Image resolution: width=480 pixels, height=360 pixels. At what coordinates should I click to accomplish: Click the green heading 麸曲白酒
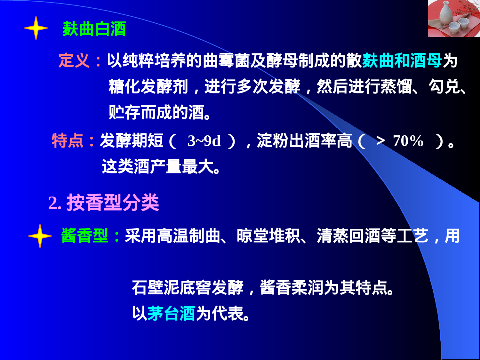(x=94, y=29)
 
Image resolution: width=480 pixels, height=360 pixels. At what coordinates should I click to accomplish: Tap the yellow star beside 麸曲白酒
(x=36, y=28)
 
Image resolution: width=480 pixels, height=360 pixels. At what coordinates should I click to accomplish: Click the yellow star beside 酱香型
(x=40, y=236)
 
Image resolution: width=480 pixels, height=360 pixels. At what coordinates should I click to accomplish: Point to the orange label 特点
(x=68, y=140)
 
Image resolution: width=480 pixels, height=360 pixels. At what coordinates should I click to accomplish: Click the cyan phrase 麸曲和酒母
(x=402, y=60)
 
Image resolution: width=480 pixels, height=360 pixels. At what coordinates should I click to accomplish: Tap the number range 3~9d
(x=204, y=141)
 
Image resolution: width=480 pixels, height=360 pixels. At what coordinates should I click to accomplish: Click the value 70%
(x=408, y=141)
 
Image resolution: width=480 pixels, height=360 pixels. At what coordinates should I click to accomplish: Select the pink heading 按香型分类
(x=113, y=203)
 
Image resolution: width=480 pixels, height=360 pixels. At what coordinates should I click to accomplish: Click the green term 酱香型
(x=84, y=236)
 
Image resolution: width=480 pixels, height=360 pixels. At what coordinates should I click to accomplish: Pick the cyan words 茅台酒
(x=171, y=313)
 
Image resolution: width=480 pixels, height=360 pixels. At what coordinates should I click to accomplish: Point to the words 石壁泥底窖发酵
(x=188, y=287)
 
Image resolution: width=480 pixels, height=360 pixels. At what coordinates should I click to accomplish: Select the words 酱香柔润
(x=292, y=287)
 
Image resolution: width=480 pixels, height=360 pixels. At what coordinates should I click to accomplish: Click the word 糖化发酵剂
(x=148, y=86)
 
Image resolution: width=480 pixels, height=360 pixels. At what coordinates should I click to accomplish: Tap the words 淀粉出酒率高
(x=304, y=141)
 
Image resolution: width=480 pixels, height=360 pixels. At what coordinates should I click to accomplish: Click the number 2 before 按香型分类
(x=53, y=203)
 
